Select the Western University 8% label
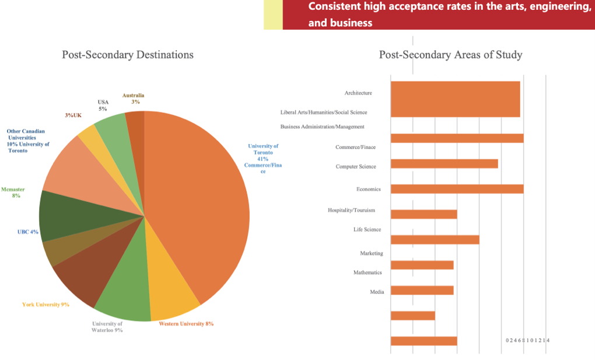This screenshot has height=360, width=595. click(x=186, y=324)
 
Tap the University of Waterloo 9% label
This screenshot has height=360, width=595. click(x=107, y=327)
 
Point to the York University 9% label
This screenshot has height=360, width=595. click(x=45, y=305)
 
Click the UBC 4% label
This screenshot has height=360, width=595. click(x=27, y=232)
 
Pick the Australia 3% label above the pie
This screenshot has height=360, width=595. click(x=134, y=98)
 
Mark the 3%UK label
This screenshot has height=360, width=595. click(x=73, y=116)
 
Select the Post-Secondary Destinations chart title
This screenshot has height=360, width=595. click(x=128, y=55)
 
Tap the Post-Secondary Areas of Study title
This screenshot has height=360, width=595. click(x=450, y=55)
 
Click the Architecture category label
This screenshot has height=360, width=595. click(x=358, y=93)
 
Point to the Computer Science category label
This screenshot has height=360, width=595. click(x=356, y=167)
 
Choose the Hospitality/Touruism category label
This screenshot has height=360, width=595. click(x=351, y=210)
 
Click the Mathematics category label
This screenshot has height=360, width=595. click(x=367, y=272)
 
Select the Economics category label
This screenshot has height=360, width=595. click(x=368, y=189)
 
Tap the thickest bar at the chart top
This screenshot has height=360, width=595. click(x=455, y=99)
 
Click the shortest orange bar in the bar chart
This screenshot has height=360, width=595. click(x=412, y=316)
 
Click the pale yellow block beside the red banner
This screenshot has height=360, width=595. click(x=273, y=15)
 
